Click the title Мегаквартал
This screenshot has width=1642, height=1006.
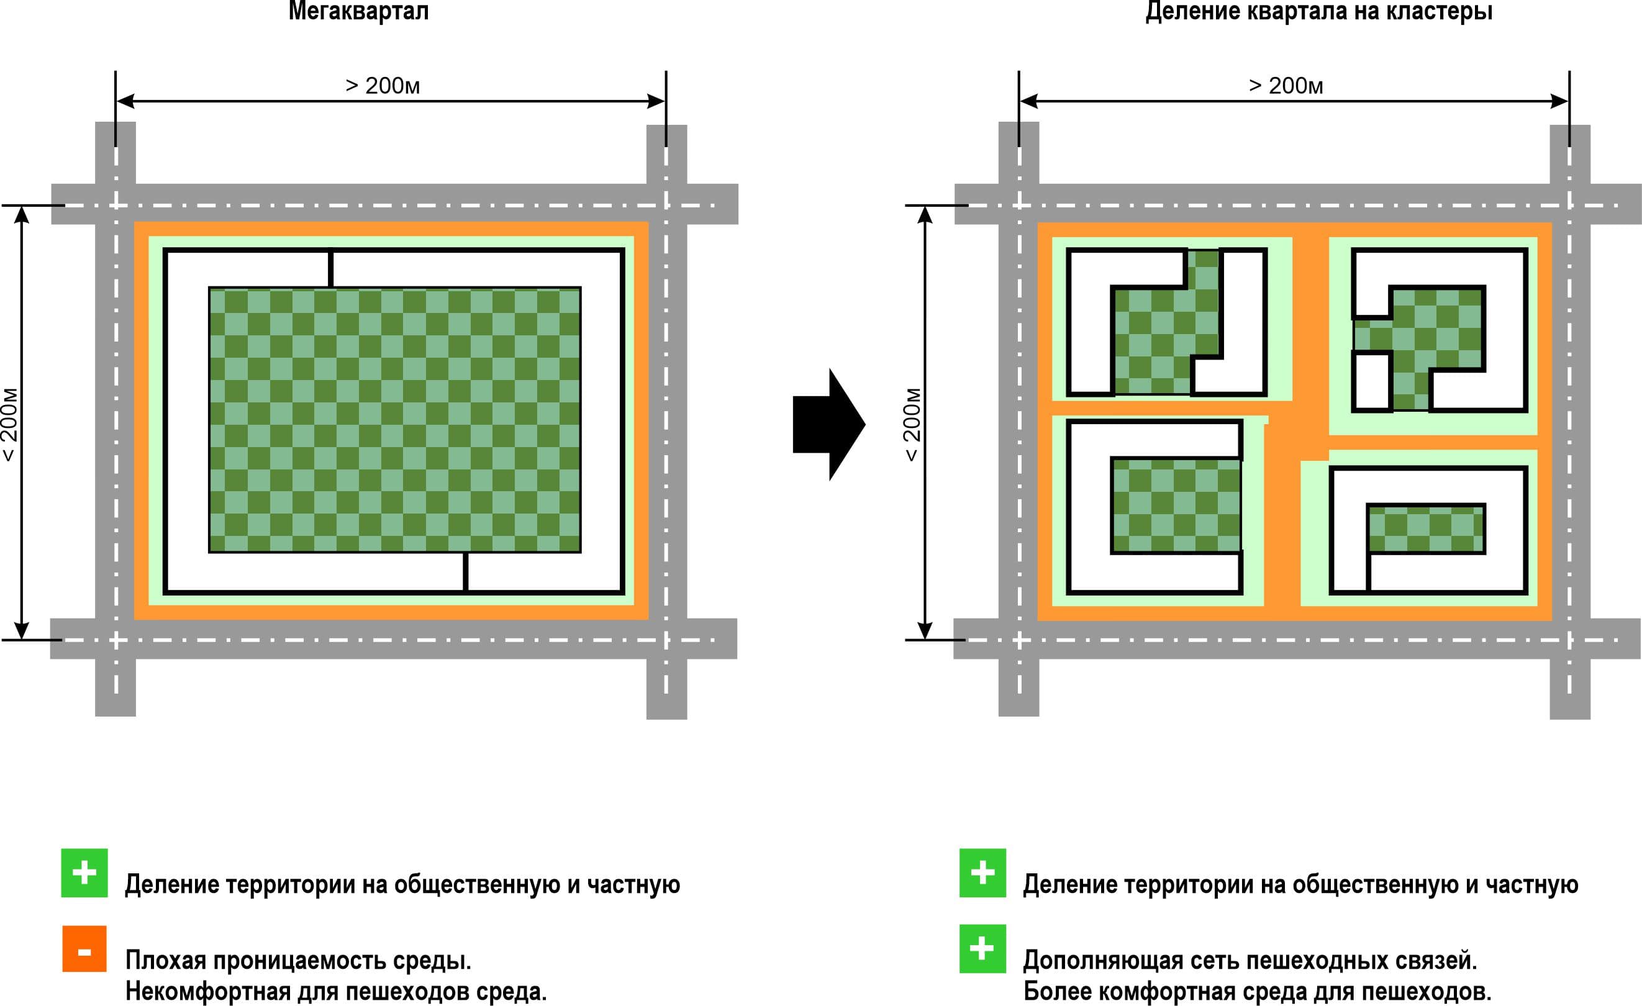click(x=358, y=11)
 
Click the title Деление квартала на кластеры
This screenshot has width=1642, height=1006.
click(x=1318, y=11)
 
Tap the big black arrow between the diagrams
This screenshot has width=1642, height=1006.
click(x=829, y=424)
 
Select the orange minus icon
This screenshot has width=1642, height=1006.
click(x=84, y=949)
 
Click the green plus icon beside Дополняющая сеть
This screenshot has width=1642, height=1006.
click(x=982, y=949)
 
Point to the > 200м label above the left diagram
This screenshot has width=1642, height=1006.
click(x=383, y=86)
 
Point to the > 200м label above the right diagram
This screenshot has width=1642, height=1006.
click(x=1286, y=86)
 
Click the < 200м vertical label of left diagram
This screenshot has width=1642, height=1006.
click(x=9, y=424)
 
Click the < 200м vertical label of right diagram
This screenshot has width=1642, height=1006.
click(x=912, y=424)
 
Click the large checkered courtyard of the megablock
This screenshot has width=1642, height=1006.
click(x=394, y=420)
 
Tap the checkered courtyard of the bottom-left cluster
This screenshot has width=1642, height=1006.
click(x=1176, y=505)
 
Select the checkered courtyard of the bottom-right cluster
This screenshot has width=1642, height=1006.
click(x=1426, y=529)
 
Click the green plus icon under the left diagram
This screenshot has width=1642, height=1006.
click(x=84, y=872)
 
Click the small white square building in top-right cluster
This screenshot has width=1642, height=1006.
click(x=1372, y=382)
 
